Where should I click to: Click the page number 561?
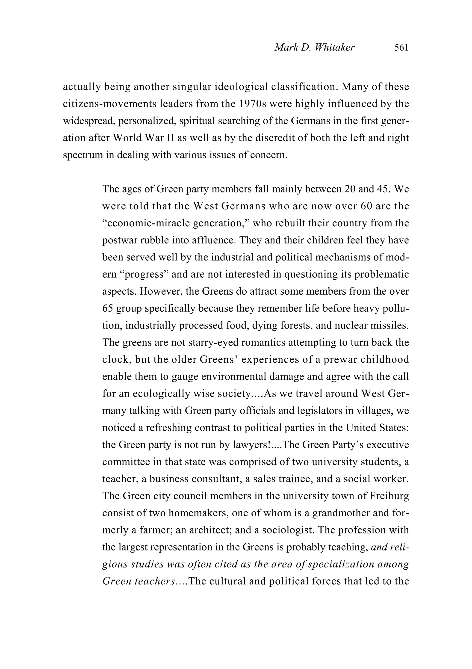coord(401,47)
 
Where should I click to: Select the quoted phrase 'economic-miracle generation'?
coord(176,223)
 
